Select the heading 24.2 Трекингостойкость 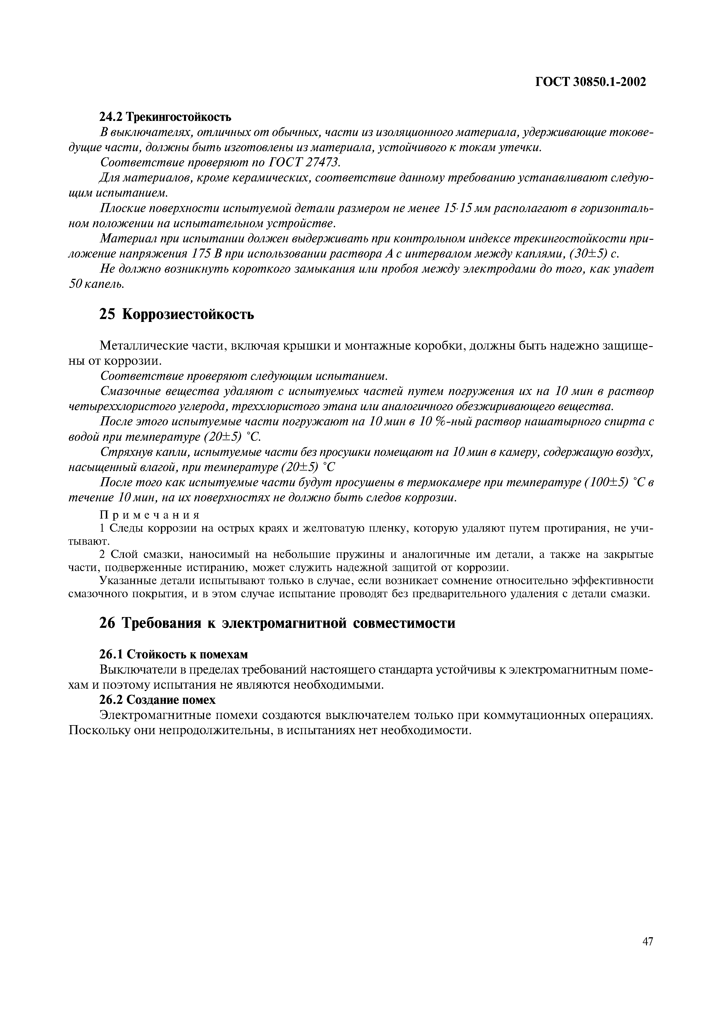click(165, 117)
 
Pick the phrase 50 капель click(96, 284)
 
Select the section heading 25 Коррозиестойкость click(176, 314)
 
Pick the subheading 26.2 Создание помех click(157, 700)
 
